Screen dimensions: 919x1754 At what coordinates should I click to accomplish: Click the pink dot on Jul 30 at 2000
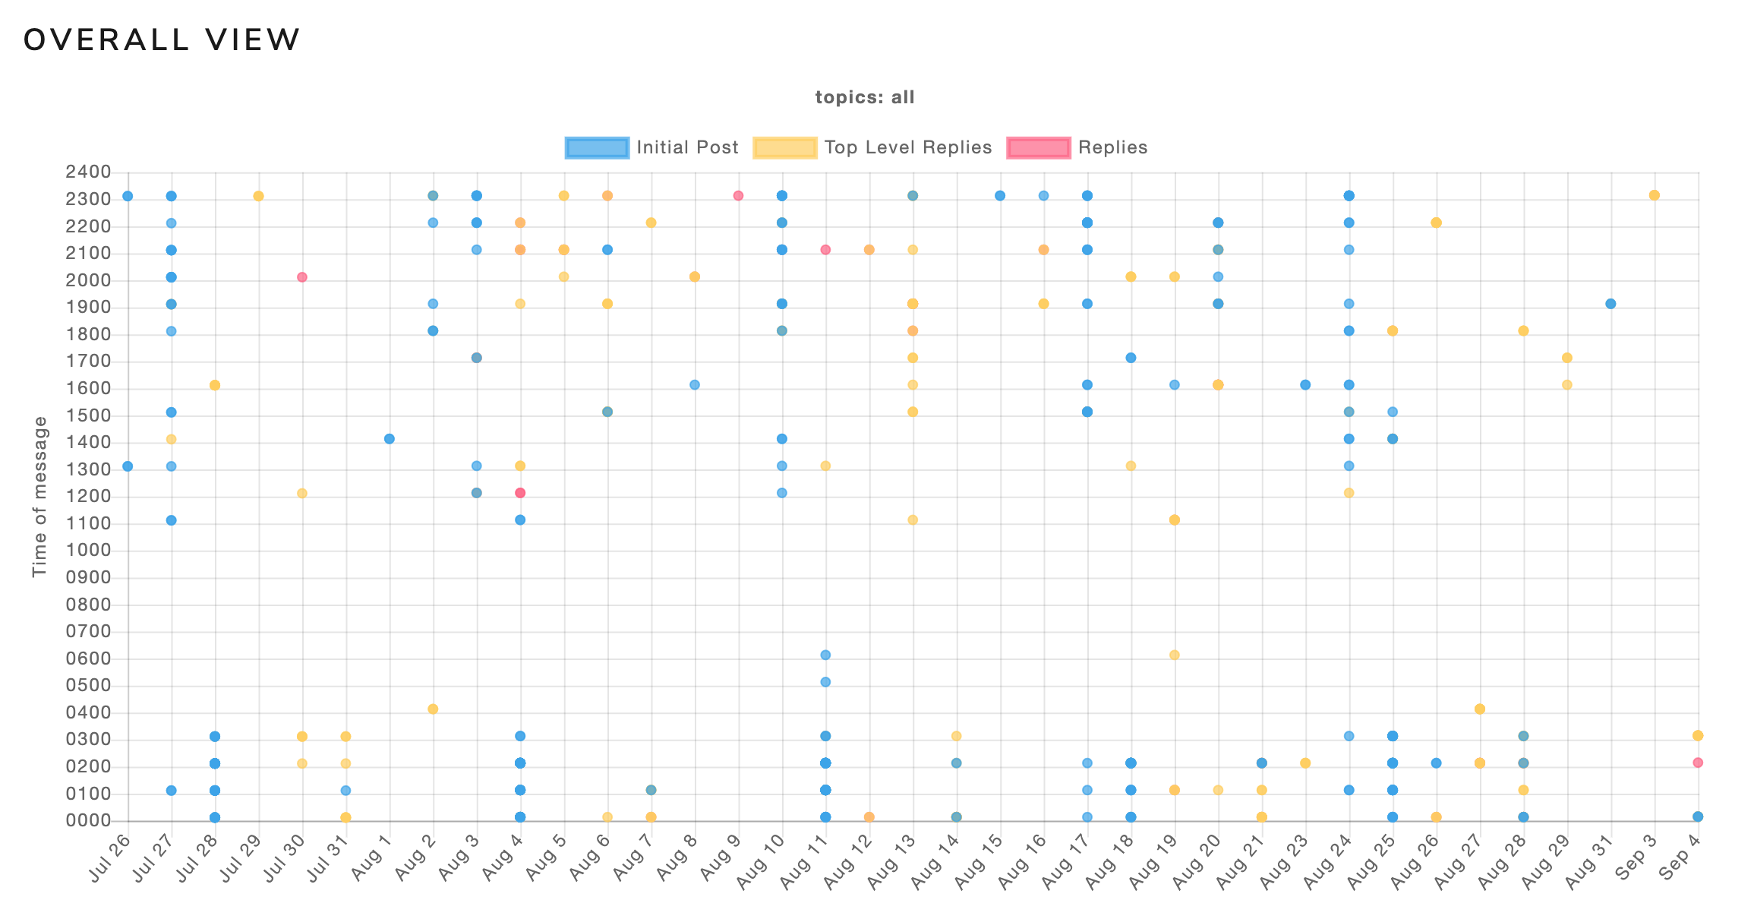click(x=301, y=277)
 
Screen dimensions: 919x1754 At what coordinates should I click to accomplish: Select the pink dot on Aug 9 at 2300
click(x=738, y=196)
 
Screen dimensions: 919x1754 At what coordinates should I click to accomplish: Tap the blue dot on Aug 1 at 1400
click(x=390, y=439)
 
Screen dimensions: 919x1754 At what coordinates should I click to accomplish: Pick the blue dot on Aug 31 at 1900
click(x=1610, y=304)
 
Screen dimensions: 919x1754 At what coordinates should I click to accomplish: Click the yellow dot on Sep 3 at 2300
click(x=1655, y=196)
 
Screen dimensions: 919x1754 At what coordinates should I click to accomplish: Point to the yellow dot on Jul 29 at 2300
click(x=258, y=196)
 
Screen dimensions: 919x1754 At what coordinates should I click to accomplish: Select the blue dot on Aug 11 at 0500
click(x=825, y=682)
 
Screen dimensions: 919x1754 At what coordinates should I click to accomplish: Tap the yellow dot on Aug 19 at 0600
click(x=1174, y=655)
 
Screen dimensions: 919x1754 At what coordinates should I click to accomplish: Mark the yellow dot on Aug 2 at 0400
click(x=433, y=709)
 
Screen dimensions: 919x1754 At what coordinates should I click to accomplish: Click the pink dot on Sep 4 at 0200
click(x=1698, y=763)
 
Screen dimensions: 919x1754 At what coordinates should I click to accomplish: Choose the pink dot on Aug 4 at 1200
click(x=520, y=493)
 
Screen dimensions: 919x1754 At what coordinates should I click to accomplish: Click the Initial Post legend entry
click(x=652, y=147)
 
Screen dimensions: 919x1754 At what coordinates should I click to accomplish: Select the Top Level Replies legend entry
click(x=872, y=147)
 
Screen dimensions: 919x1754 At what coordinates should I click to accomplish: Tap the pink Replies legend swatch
click(x=1038, y=147)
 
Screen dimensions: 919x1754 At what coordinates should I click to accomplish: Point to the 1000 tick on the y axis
click(x=90, y=551)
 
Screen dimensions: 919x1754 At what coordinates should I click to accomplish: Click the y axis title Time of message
click(x=39, y=497)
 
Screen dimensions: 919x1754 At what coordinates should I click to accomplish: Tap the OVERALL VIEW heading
click(x=162, y=40)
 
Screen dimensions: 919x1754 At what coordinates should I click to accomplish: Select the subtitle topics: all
click(x=865, y=97)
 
